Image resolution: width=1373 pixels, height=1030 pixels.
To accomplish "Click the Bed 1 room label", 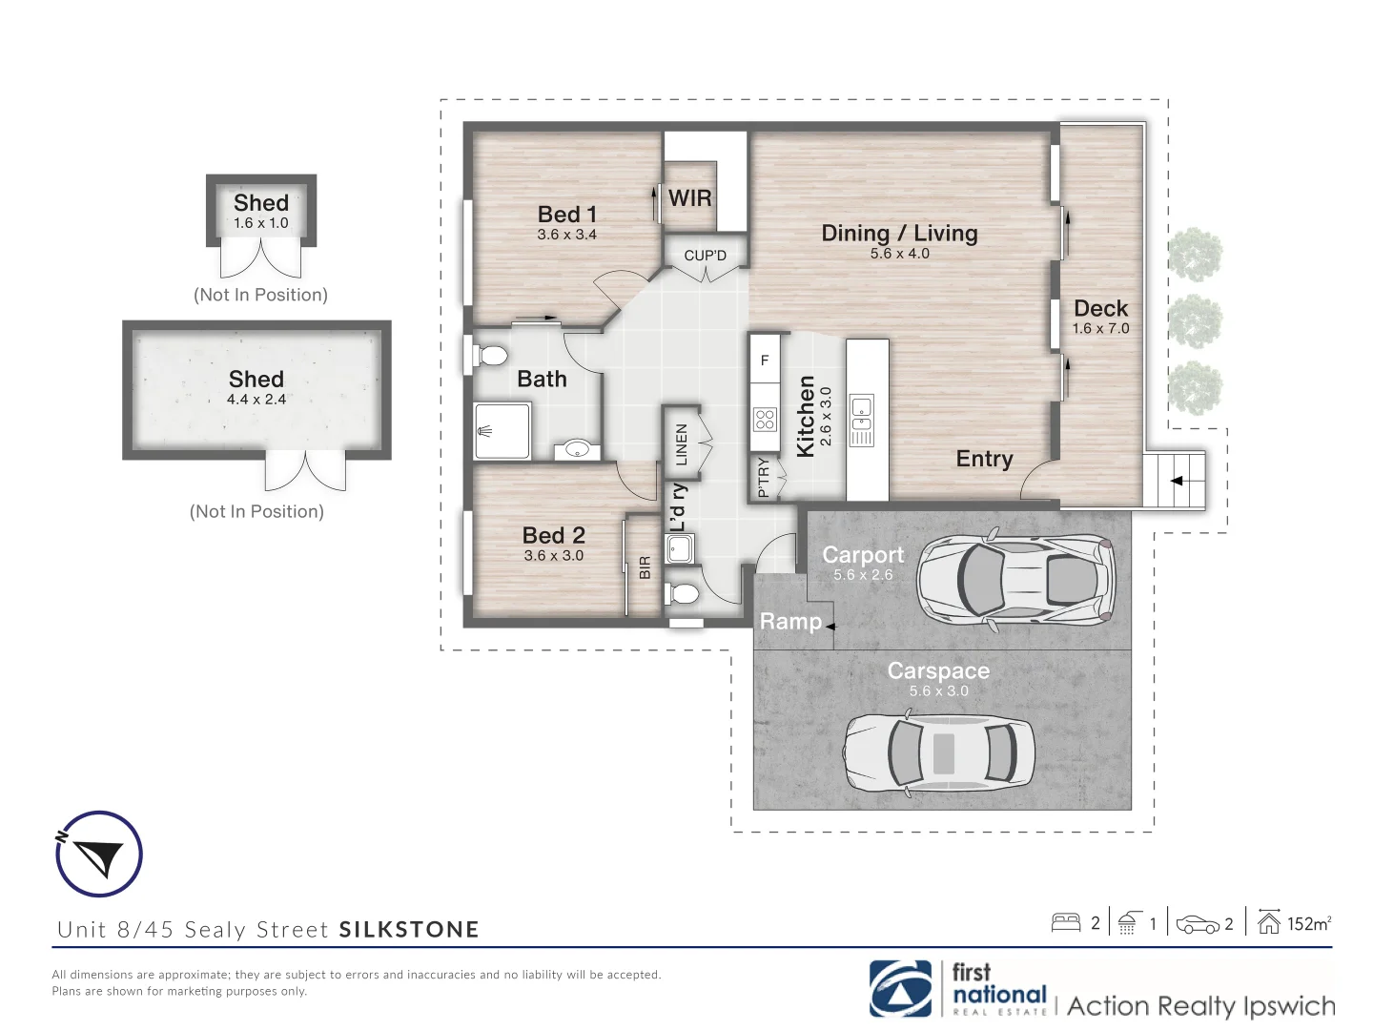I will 566,215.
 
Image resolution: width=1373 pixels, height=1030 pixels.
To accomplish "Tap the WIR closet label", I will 689,198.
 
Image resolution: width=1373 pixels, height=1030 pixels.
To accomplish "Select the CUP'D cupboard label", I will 705,256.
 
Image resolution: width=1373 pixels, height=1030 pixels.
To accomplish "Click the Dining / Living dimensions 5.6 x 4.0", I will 899,254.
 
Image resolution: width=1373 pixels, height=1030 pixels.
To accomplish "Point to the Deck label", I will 1100,308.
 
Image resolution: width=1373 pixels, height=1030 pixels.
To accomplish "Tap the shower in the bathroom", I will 502,430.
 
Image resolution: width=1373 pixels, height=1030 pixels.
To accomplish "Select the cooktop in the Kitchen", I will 765,419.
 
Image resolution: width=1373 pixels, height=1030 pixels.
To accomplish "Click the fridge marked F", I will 765,360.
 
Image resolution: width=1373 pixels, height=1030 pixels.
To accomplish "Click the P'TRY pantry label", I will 763,477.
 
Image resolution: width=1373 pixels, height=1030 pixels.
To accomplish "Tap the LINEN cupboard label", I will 681,444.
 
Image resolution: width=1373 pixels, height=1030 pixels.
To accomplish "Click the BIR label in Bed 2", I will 645,567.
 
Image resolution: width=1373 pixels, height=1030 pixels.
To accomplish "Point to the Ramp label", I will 790,622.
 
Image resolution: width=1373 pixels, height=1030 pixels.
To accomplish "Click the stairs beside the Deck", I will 1174,481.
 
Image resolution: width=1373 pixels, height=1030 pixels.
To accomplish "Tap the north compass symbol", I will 98,854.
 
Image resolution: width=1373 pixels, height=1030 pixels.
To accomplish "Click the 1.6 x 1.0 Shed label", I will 260,223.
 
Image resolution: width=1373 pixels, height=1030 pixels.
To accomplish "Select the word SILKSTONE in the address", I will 409,930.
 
